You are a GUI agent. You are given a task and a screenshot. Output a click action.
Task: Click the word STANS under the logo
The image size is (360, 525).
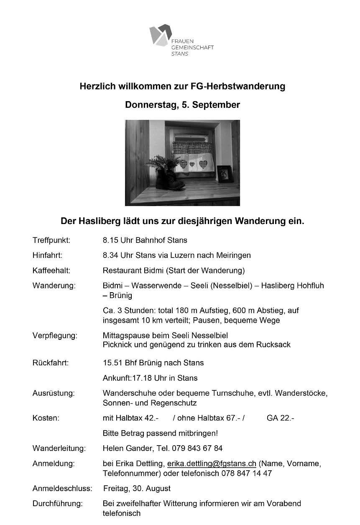180,54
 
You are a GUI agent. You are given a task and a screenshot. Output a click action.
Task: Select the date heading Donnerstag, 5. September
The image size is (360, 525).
182,105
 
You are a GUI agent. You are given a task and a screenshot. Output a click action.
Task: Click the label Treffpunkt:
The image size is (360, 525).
51,240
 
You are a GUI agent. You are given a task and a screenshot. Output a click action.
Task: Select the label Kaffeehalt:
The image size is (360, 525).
51,270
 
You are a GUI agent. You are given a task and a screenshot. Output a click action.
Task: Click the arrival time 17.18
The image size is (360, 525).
141,378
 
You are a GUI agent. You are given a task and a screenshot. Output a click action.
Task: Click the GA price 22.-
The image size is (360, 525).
287,418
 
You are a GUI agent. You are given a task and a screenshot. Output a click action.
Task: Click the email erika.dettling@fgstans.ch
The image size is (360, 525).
212,464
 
